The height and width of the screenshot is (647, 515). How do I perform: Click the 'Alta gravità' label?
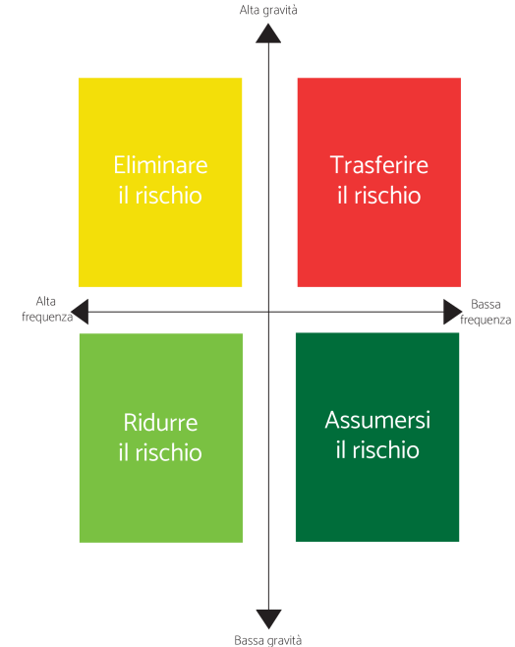pyautogui.click(x=268, y=10)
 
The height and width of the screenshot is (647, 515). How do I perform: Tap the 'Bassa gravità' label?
pyautogui.click(x=268, y=640)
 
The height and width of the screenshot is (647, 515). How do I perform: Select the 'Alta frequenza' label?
pyautogui.click(x=46, y=309)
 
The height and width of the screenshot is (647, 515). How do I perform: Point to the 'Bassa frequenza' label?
pyautogui.click(x=486, y=312)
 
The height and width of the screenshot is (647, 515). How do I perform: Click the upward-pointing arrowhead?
pyautogui.click(x=268, y=33)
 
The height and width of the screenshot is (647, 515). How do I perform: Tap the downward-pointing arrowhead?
pyautogui.click(x=269, y=618)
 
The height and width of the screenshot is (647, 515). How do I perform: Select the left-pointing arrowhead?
pyautogui.click(x=80, y=312)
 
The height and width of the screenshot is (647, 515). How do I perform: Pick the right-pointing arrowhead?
pyautogui.click(x=453, y=312)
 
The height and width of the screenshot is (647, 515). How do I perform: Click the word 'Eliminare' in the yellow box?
pyautogui.click(x=160, y=165)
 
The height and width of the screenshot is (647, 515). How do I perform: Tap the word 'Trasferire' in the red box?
pyautogui.click(x=379, y=165)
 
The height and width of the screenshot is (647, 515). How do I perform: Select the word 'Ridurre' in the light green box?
pyautogui.click(x=160, y=423)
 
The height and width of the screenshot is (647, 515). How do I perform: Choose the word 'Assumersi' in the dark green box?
pyautogui.click(x=377, y=420)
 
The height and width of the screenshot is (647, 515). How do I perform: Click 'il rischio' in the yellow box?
pyautogui.click(x=160, y=195)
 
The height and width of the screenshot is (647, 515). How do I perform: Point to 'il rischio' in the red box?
pyautogui.click(x=379, y=195)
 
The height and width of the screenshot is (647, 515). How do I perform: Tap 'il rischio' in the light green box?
pyautogui.click(x=160, y=452)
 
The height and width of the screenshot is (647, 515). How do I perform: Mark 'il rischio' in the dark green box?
pyautogui.click(x=377, y=449)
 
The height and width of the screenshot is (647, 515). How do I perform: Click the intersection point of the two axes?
pyautogui.click(x=269, y=312)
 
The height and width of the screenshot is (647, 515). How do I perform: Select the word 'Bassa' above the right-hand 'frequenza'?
pyautogui.click(x=486, y=305)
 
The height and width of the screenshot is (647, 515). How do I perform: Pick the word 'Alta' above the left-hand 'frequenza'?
pyautogui.click(x=46, y=301)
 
